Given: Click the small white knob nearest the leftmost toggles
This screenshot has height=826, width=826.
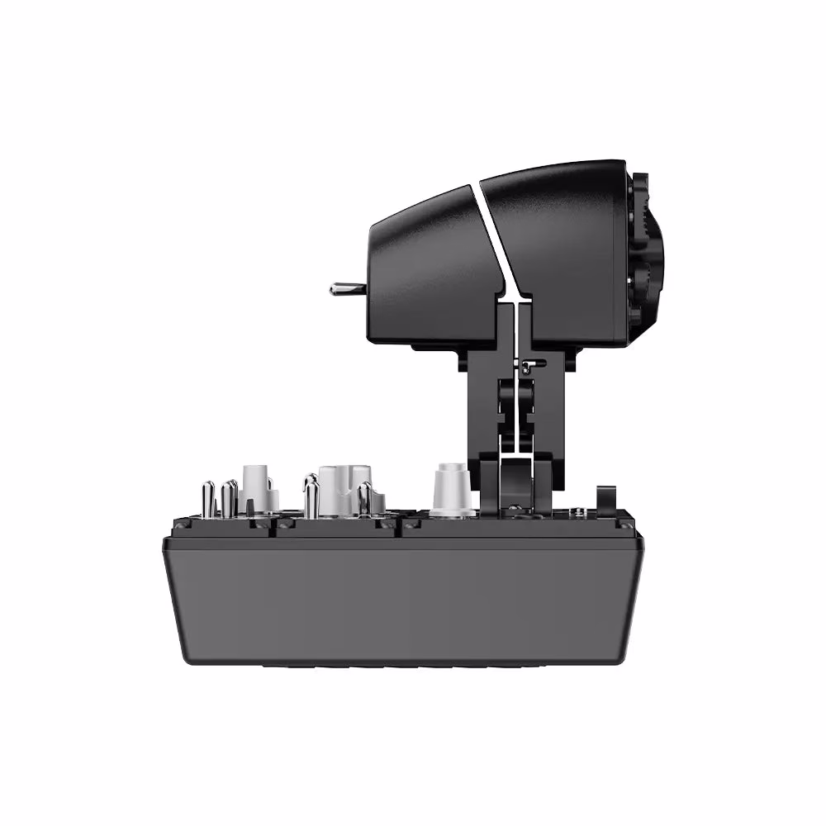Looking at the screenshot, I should [256, 487].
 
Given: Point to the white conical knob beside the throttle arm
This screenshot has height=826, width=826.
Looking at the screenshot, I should [451, 489].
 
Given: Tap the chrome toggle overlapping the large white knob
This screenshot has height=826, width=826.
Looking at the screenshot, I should [363, 500].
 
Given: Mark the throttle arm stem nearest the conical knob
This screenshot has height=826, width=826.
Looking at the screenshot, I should [483, 405].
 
